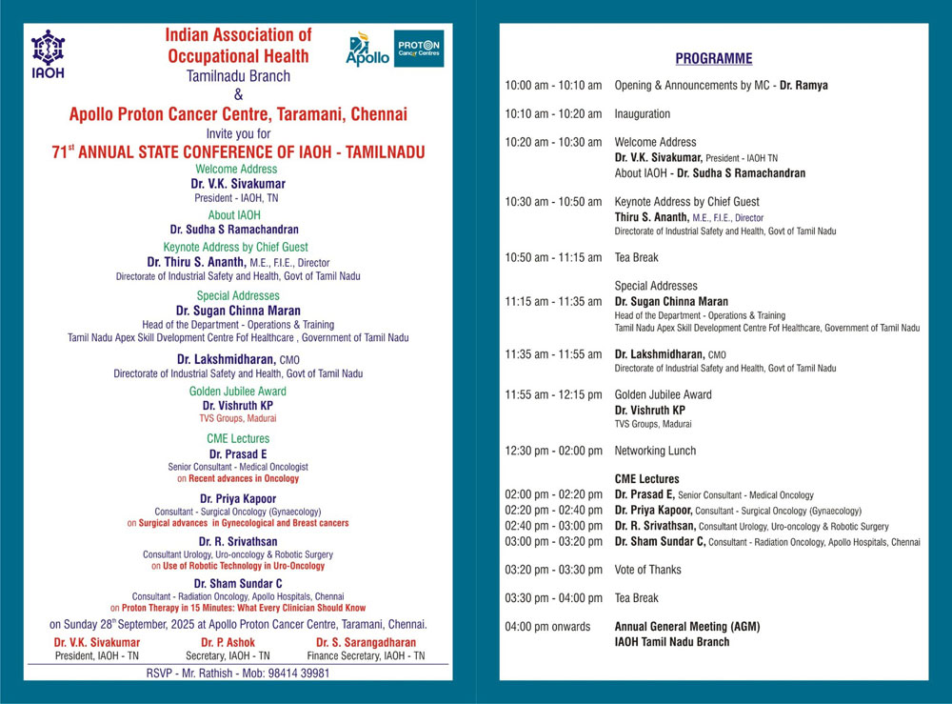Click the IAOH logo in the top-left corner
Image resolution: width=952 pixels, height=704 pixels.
[x=48, y=54]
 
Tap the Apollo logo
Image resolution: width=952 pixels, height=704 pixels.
[x=367, y=50]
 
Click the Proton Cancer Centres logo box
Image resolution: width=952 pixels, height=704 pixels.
[x=419, y=49]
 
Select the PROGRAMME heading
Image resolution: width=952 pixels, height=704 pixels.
[x=714, y=59]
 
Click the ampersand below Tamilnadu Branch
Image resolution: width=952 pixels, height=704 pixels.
[x=238, y=94]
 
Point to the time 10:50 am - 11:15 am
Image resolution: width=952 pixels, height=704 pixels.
[x=553, y=257]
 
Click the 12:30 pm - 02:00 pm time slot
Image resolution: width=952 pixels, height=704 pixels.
[x=553, y=451]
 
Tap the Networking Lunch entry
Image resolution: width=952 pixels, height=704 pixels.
[x=655, y=451]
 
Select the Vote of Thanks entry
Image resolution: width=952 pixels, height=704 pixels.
[x=647, y=570]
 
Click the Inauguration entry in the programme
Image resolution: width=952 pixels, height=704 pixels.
[x=643, y=114]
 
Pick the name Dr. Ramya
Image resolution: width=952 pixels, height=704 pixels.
[x=803, y=86]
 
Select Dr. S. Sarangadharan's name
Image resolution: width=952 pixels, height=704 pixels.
[x=367, y=643]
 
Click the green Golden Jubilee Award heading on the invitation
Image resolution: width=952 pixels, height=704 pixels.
[x=238, y=392]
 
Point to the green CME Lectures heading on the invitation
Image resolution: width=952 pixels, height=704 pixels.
[x=238, y=439]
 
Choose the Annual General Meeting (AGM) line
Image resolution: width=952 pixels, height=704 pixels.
[x=687, y=627]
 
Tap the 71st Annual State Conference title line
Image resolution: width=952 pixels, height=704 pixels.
[x=238, y=152]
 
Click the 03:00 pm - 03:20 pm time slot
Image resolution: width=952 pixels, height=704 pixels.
[x=553, y=541]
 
